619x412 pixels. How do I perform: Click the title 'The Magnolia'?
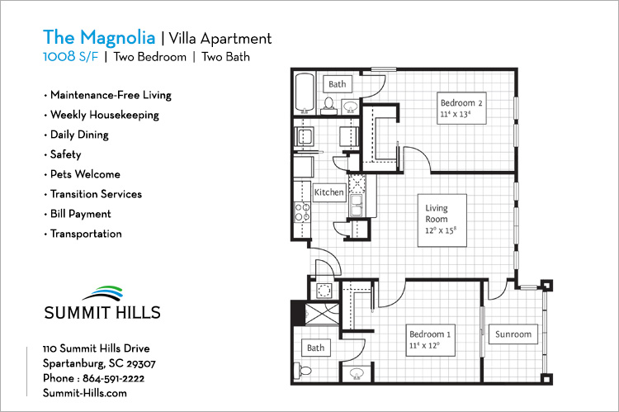pyautogui.click(x=98, y=37)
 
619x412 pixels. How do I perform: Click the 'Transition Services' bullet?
pyautogui.click(x=95, y=194)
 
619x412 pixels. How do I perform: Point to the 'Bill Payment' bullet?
pyautogui.click(x=80, y=214)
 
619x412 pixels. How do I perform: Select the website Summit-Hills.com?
pyautogui.click(x=84, y=393)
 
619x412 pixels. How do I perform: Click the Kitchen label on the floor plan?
pyautogui.click(x=328, y=192)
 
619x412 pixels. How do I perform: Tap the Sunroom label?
pyautogui.click(x=513, y=334)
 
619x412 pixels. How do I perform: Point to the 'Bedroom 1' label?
pyautogui.click(x=431, y=334)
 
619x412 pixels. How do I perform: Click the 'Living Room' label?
pyautogui.click(x=437, y=214)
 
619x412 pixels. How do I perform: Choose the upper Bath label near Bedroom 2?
pyautogui.click(x=338, y=84)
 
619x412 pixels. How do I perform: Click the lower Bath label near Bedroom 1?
pyautogui.click(x=316, y=348)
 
